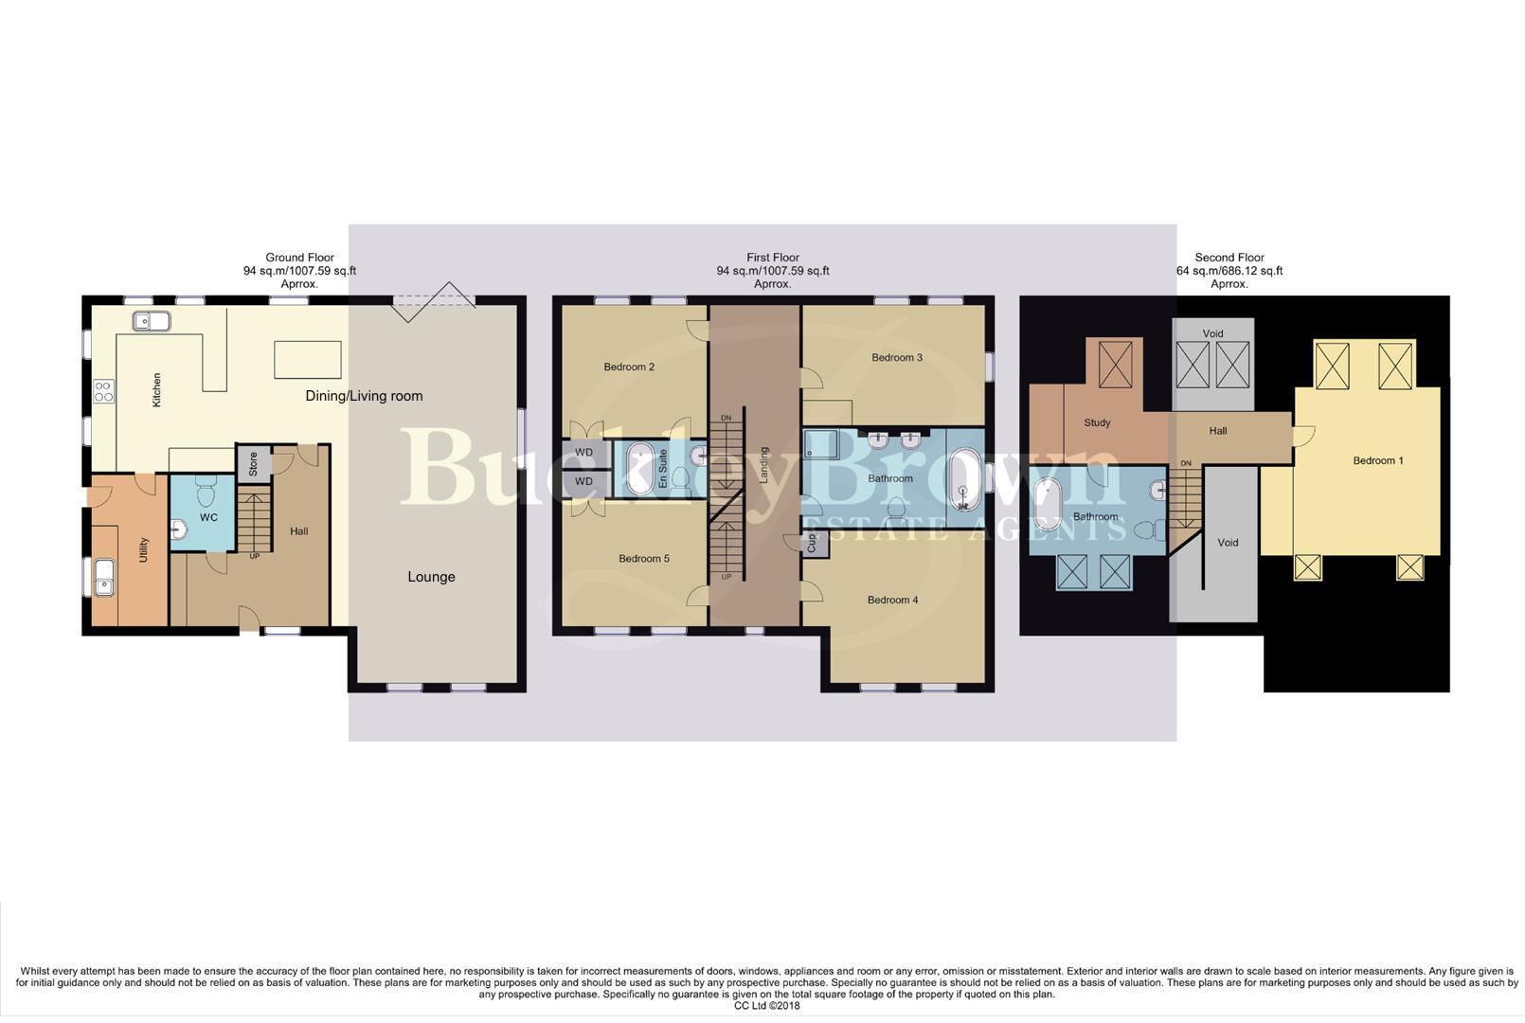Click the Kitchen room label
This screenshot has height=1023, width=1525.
[157, 390]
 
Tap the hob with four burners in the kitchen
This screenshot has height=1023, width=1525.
[103, 391]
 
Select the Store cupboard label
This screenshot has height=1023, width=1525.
[253, 464]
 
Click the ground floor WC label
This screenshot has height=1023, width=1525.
[208, 517]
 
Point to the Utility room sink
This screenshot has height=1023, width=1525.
[103, 577]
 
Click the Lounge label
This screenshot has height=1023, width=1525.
[431, 577]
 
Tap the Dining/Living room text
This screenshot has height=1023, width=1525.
[364, 396]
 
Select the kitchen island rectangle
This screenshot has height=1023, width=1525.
[307, 360]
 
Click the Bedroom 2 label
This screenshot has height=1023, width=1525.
[629, 367]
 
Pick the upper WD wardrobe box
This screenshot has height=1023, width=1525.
[584, 453]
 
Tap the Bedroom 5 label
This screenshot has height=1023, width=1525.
[643, 559]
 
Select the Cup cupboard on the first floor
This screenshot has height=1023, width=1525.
[812, 544]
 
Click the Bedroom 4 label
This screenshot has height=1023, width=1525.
[892, 600]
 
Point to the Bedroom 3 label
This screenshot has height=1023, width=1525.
[896, 357]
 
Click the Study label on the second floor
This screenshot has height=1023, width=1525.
[1097, 422]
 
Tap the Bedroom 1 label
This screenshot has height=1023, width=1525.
[1377, 460]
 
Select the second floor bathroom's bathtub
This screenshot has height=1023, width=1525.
[1048, 505]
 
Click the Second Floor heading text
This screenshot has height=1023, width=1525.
[1229, 258]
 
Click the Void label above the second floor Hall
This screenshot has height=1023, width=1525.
[1212, 333]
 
